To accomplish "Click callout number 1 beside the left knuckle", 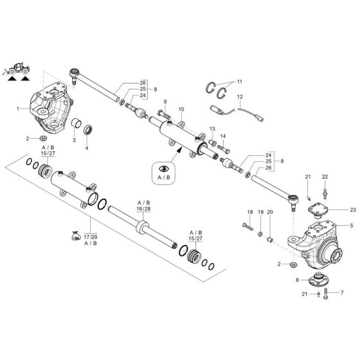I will pyautogui.click(x=19, y=109).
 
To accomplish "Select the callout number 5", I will pyautogui.click(x=352, y=226).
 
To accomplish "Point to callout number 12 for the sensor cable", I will pyautogui.click(x=239, y=96).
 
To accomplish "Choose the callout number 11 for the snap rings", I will pyautogui.click(x=239, y=82).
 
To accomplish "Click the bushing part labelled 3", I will pyautogui.click(x=75, y=123).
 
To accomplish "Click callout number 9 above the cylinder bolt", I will pyautogui.click(x=165, y=102).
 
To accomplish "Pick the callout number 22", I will pyautogui.click(x=325, y=177).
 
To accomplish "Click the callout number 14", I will pyautogui.click(x=223, y=136).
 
